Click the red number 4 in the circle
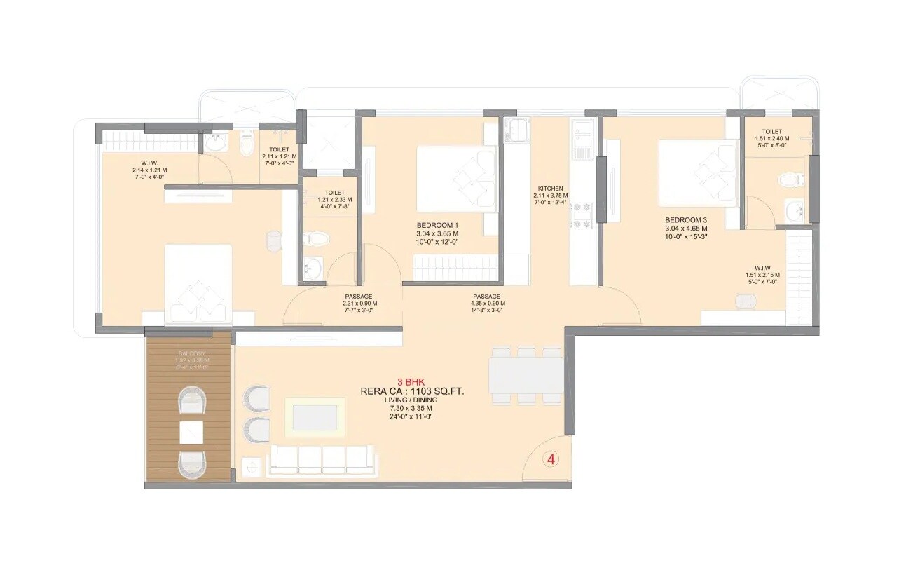[551, 460]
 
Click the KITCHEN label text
[550, 189]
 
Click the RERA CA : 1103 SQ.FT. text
[411, 391]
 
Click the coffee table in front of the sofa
[315, 418]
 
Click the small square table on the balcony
[191, 432]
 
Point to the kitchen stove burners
[582, 215]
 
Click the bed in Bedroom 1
[457, 179]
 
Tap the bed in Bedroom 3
[698, 173]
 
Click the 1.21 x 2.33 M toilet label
[334, 200]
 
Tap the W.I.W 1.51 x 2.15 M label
[763, 274]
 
